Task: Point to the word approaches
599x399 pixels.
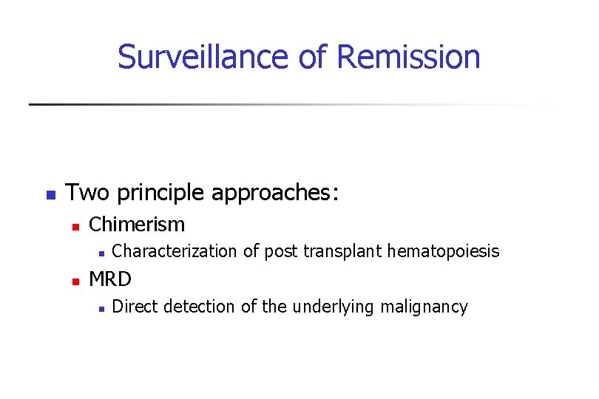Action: coord(274,194)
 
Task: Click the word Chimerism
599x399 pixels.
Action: coord(137,224)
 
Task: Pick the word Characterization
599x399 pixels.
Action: coord(175,252)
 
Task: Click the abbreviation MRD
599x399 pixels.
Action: coord(109,279)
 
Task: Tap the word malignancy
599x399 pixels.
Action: coord(424,307)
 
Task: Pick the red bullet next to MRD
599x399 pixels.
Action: coord(74,282)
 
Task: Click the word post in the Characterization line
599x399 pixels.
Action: coord(281,252)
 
